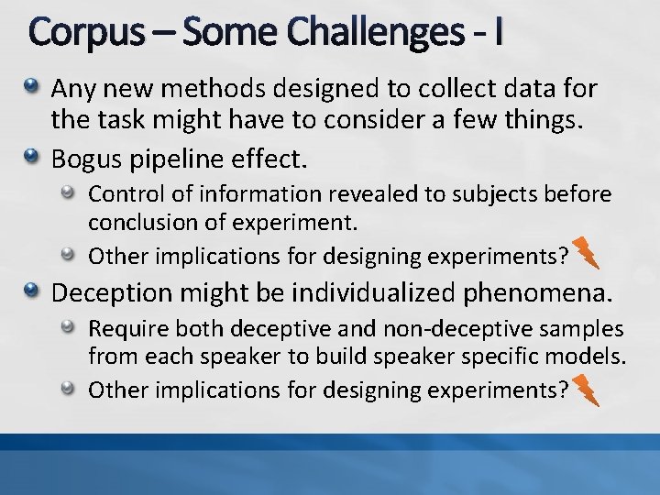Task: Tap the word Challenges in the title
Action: [373, 34]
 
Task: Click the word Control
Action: [119, 195]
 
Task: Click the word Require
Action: [123, 329]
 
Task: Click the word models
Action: [590, 356]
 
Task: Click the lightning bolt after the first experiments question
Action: [586, 252]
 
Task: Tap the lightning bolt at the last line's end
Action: [586, 390]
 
